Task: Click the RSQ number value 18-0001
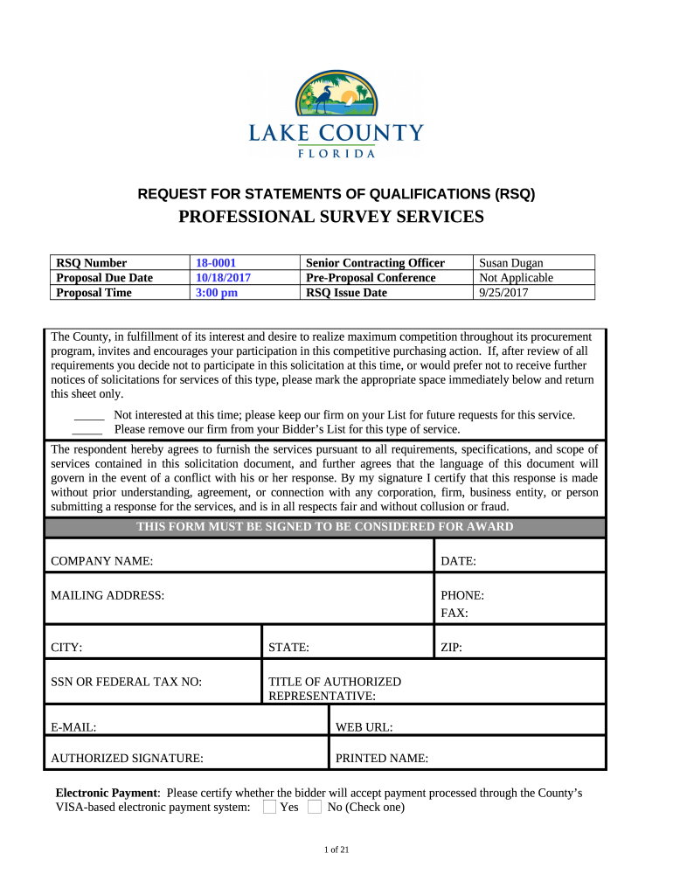click(x=216, y=263)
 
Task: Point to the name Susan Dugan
click(x=511, y=263)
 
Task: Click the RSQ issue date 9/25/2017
click(x=504, y=293)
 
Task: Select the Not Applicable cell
click(x=517, y=278)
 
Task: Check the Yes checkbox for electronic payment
click(x=270, y=807)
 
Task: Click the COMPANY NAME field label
click(x=102, y=560)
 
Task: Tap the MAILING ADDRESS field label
click(x=108, y=595)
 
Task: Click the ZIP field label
click(x=451, y=648)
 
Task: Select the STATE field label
click(x=288, y=648)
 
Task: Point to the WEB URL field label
click(x=364, y=726)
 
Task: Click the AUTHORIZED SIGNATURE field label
click(x=128, y=759)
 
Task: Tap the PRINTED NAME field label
click(x=382, y=759)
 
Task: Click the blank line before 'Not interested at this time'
click(x=89, y=416)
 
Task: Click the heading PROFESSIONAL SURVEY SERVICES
click(x=336, y=217)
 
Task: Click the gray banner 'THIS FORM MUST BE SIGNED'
click(x=325, y=527)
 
